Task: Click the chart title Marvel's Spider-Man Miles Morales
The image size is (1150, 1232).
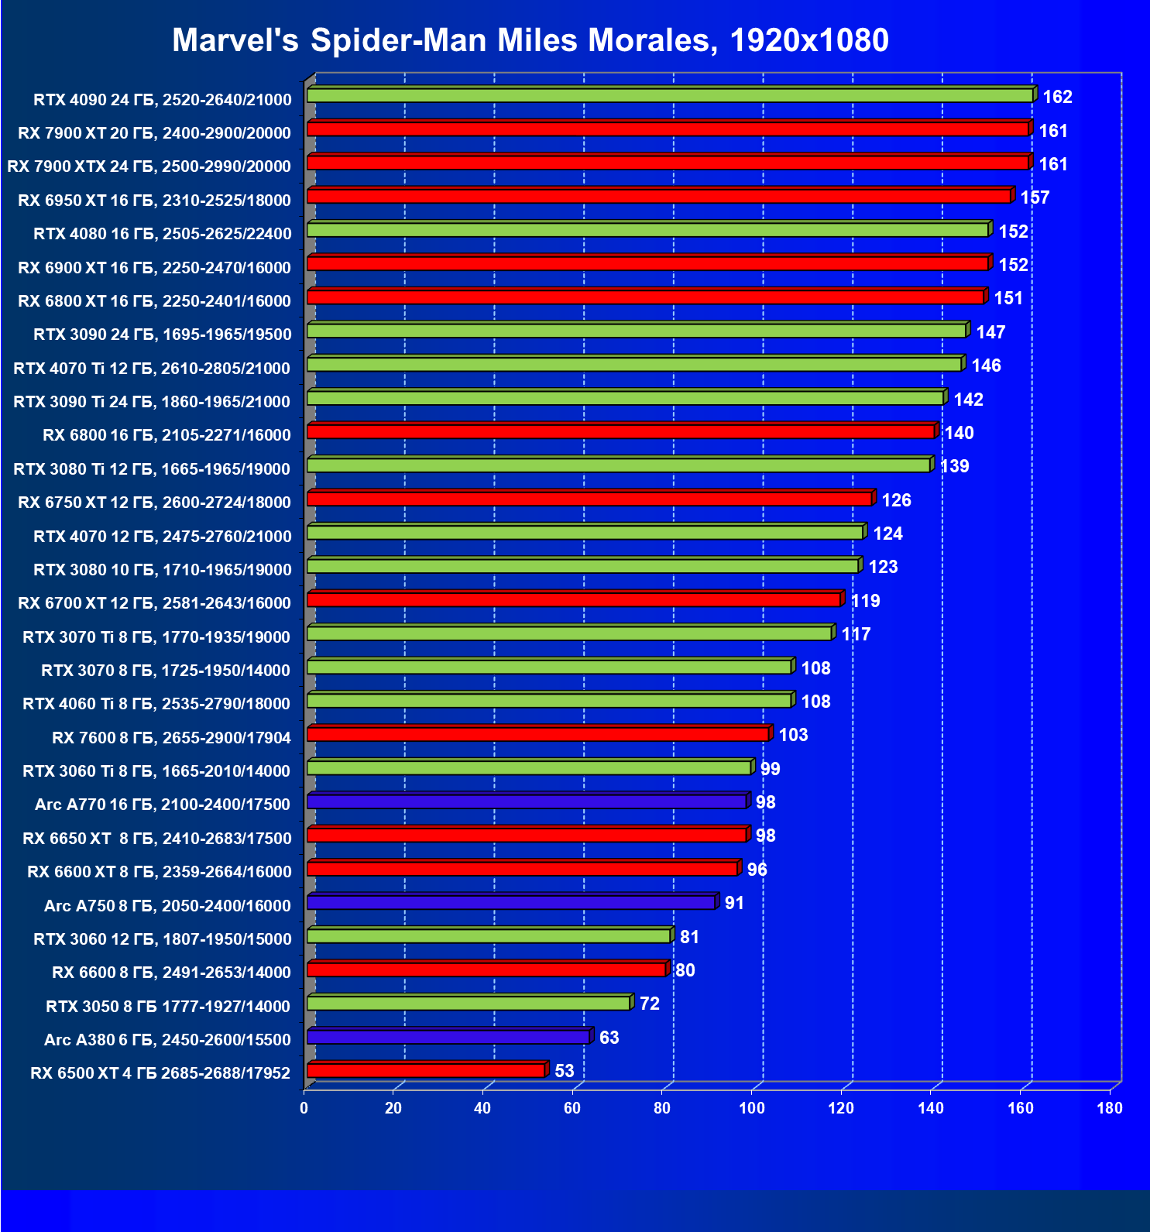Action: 530,40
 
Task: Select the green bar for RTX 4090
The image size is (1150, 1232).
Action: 670,95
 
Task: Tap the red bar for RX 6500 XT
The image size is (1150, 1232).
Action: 426,1070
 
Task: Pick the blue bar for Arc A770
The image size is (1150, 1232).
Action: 527,801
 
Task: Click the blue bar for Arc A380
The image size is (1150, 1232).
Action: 448,1037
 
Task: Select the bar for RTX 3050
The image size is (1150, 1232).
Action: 469,1004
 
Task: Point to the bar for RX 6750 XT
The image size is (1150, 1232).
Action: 589,499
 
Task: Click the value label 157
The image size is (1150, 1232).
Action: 1035,197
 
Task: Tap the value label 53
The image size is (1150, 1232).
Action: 565,1071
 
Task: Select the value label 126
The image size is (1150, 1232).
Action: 896,500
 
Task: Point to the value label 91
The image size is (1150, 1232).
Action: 734,903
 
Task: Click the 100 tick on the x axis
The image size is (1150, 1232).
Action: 751,1108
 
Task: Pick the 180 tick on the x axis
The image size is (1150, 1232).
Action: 1109,1108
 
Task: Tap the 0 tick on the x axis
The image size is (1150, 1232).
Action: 304,1108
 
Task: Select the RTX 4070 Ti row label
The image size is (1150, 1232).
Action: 152,369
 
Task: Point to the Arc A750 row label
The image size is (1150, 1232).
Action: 167,906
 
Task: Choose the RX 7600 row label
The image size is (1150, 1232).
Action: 171,738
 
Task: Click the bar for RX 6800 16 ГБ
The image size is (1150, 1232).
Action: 621,431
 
